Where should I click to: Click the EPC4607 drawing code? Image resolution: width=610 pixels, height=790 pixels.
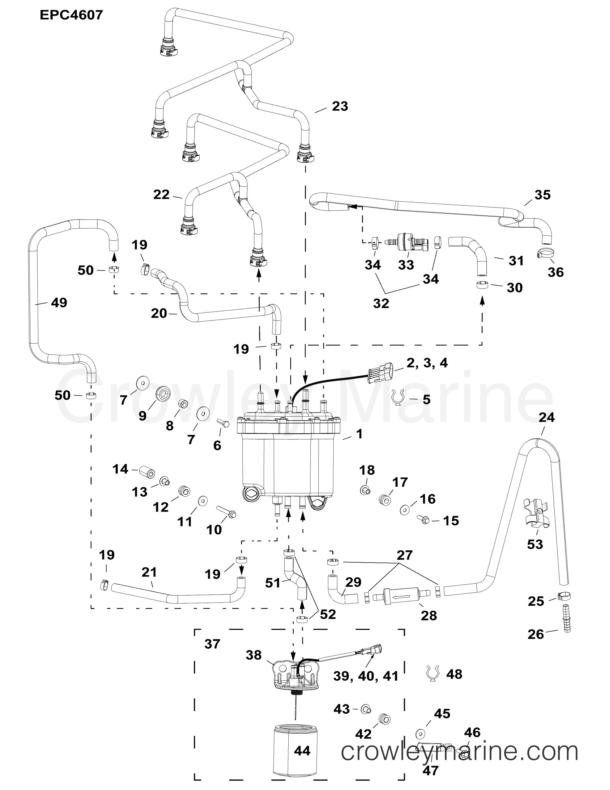point(71,15)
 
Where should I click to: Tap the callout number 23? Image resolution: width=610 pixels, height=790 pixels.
point(340,106)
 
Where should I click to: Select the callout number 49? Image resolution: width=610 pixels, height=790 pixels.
point(59,302)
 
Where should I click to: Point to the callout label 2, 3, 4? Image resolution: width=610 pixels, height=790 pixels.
point(427,363)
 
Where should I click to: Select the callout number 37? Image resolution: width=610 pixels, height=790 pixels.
point(212,644)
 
